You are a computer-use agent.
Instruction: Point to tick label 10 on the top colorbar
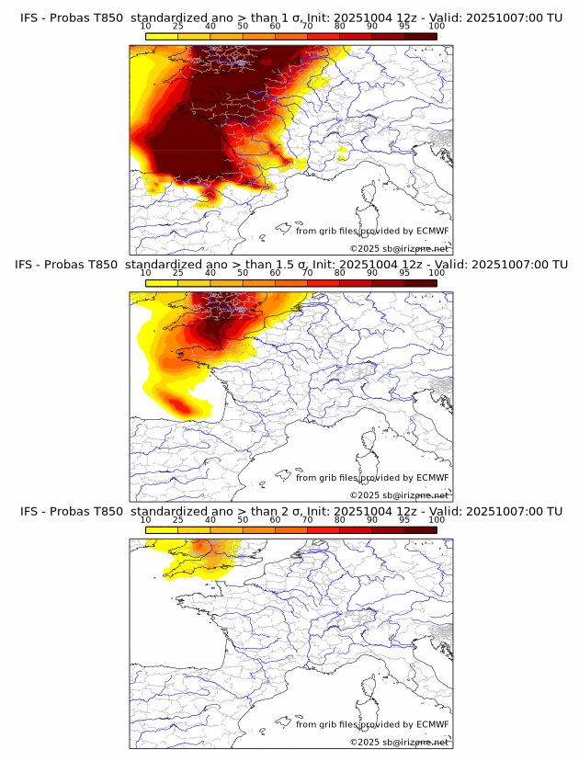tap(146, 26)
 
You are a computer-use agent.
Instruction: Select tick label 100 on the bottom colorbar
tap(437, 519)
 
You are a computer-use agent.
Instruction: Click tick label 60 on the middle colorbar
tap(275, 273)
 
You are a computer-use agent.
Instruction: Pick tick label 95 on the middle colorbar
tap(404, 273)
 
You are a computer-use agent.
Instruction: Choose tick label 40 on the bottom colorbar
tap(210, 519)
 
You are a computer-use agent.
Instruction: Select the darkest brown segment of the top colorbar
tap(421, 36)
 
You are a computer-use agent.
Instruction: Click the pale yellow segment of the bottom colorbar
tap(162, 529)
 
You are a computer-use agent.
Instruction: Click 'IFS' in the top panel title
tap(31, 17)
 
